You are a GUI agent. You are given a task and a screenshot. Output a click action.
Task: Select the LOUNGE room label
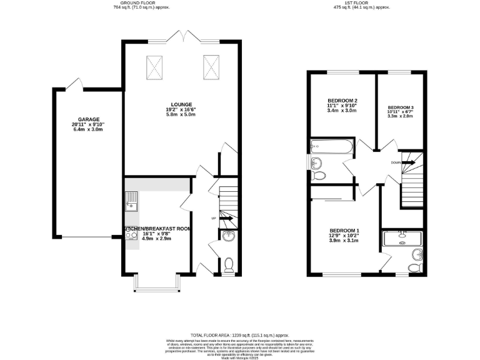tap(181, 104)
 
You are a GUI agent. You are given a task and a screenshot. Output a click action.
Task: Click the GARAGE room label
tap(89, 119)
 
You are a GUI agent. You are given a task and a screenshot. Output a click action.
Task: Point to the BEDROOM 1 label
tap(344, 230)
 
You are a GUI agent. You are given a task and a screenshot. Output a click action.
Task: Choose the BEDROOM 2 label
tap(342, 101)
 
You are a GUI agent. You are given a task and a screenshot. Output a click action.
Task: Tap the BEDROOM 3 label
tap(401, 107)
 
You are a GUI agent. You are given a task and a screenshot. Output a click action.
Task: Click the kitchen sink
tap(132, 201)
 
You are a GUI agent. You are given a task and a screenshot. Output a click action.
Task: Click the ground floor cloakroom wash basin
tap(229, 236)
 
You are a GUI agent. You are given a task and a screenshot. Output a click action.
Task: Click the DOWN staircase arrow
tap(407, 162)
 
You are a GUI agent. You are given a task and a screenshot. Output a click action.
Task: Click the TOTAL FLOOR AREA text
tap(240, 335)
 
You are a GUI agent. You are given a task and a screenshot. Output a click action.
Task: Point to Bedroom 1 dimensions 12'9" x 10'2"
tap(344, 236)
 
